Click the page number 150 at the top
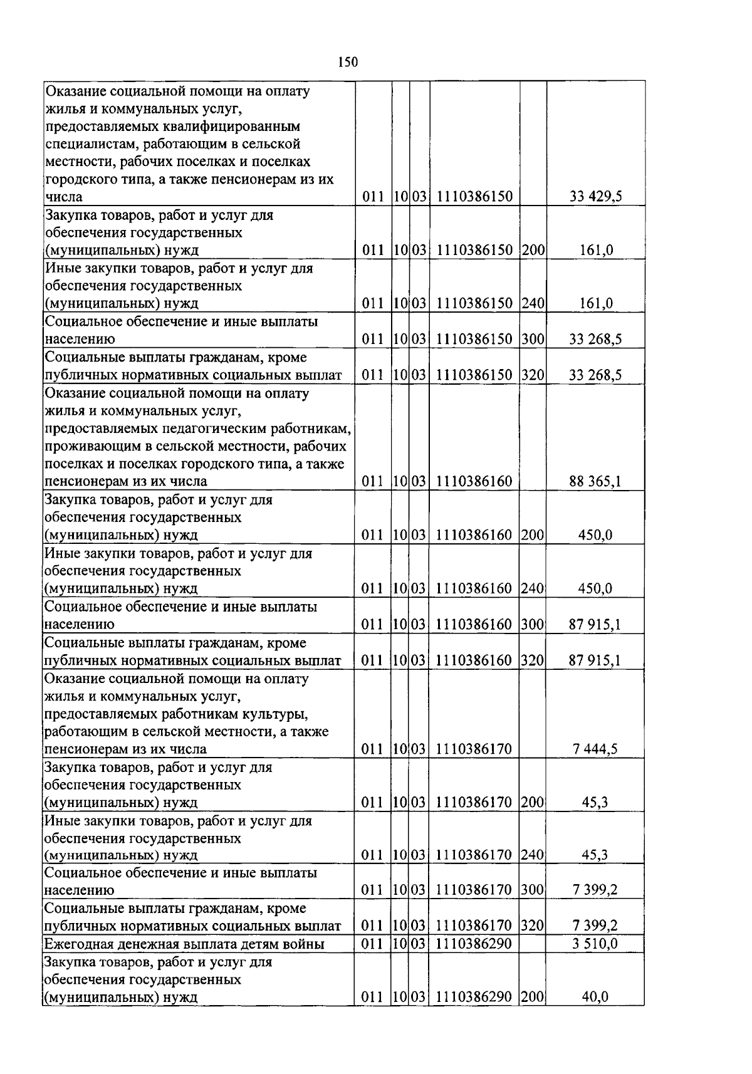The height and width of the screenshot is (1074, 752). point(347,62)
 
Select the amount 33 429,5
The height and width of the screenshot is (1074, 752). point(595,197)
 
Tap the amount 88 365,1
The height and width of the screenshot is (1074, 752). point(595,482)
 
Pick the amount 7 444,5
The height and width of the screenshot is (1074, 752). point(595,749)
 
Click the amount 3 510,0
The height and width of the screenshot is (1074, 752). point(595,944)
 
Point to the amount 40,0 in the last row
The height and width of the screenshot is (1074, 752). point(595,997)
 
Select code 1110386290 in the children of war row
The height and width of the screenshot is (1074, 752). point(474,944)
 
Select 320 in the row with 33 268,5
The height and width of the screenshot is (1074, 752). point(533,375)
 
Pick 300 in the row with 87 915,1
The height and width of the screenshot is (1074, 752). point(532,624)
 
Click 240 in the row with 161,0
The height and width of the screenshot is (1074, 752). point(533,303)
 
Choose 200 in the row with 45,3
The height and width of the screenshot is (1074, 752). point(532,802)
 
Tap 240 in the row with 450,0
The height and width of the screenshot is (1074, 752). point(532,588)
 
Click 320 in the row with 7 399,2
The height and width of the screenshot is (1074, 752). point(532,925)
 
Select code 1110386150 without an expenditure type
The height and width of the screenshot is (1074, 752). point(474,197)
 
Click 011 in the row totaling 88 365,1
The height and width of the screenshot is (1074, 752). point(373,482)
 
